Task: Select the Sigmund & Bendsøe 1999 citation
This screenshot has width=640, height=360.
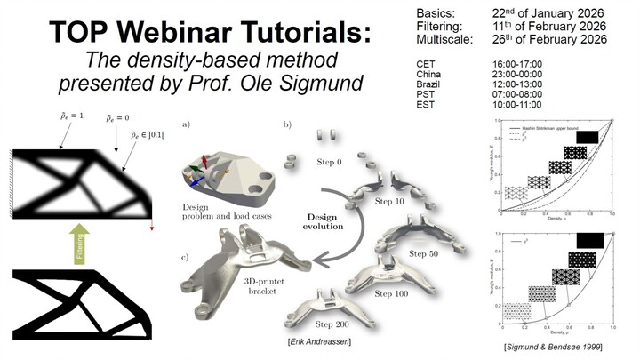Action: (x=554, y=344)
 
